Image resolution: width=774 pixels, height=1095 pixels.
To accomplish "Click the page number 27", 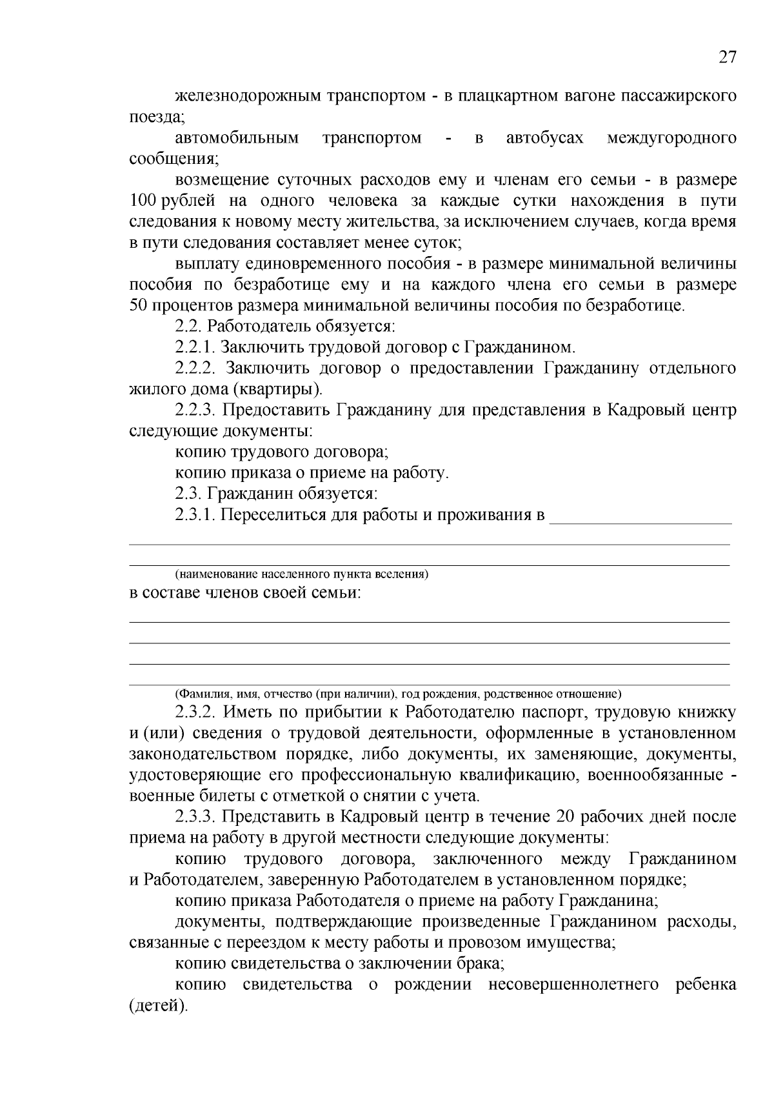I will (x=727, y=57).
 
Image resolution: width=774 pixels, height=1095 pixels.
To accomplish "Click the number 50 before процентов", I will (x=139, y=305).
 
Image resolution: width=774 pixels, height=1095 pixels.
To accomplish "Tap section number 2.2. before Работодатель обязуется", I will (x=188, y=326).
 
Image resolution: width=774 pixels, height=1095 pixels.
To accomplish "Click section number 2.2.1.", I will (x=195, y=347).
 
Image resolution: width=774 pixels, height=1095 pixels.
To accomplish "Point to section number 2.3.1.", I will (x=195, y=515).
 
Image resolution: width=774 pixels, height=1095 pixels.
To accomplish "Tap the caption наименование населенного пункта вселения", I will (x=302, y=574).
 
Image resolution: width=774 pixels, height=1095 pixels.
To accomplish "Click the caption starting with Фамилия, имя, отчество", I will (x=398, y=694).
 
